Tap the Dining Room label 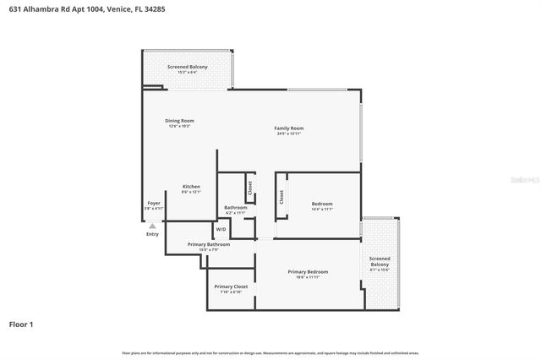pos(179,121)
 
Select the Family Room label pos(288,128)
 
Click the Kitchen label pos(191,187)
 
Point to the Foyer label pos(154,204)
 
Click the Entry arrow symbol pos(152,226)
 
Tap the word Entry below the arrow pos(152,234)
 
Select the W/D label pos(221,229)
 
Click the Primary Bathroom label pos(196,245)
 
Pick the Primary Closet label pos(231,287)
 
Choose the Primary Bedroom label pos(308,271)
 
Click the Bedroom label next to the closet pos(322,204)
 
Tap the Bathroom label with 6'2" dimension pos(235,208)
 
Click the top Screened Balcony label pos(187,68)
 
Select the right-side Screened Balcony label pos(380,262)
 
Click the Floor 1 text pos(22,325)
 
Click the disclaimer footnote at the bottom pos(270,352)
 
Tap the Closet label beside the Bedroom pos(281,197)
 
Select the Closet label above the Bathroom pos(250,186)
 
